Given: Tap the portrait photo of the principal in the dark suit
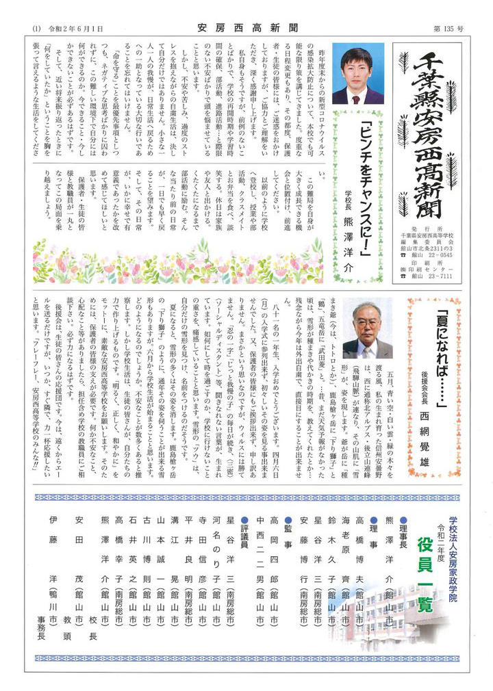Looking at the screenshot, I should pyautogui.click(x=357, y=75).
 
